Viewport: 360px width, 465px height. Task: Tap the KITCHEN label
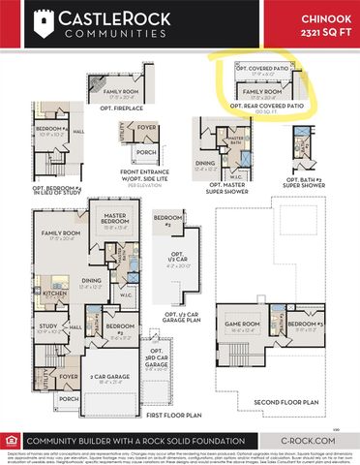coord(54,292)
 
